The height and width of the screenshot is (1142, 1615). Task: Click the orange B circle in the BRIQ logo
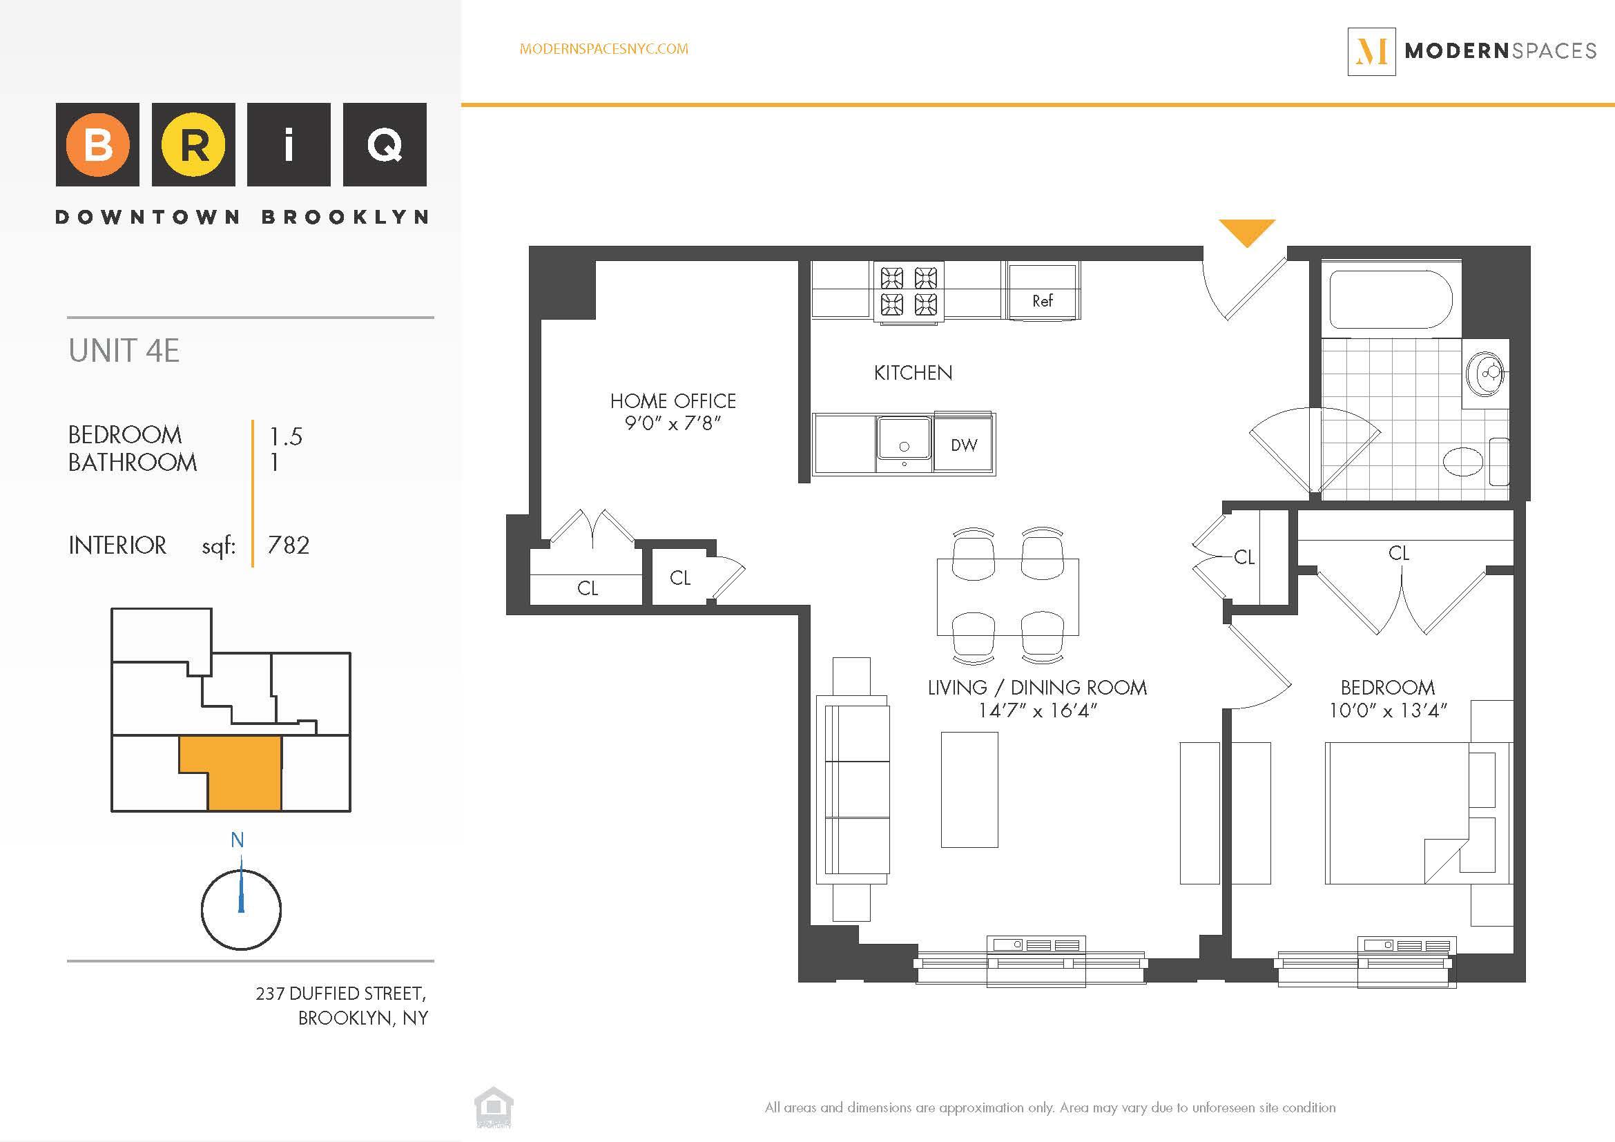tap(98, 145)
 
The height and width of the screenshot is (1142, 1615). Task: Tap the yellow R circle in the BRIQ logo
tap(193, 145)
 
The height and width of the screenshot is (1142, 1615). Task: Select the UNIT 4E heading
tap(124, 351)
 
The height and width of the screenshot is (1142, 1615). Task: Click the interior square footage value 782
tap(289, 545)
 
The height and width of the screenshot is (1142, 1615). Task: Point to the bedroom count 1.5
tap(286, 436)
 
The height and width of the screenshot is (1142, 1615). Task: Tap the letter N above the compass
tap(238, 840)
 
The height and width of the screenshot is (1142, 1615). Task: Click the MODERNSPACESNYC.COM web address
tap(603, 49)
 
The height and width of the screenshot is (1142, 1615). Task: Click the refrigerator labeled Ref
tap(1043, 293)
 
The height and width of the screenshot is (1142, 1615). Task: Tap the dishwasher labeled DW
tap(964, 445)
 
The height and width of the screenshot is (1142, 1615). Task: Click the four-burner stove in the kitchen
tap(909, 291)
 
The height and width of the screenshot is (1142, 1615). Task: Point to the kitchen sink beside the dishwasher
tap(904, 443)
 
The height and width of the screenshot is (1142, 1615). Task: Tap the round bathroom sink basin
tap(1485, 373)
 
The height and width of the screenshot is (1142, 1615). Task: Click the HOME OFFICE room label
tap(673, 402)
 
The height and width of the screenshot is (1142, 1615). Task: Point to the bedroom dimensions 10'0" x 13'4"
tap(1387, 711)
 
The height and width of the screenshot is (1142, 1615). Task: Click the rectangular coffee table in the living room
tap(969, 789)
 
